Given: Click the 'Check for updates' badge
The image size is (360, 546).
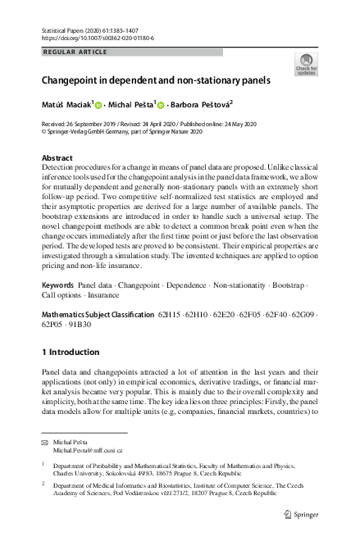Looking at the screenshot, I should [306, 65].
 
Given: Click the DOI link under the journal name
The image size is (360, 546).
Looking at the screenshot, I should [96, 39].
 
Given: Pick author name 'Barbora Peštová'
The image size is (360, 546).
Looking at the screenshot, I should [201, 105].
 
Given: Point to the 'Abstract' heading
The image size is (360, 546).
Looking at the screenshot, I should [57, 157].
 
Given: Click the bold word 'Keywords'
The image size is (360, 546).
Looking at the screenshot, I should [57, 284].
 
